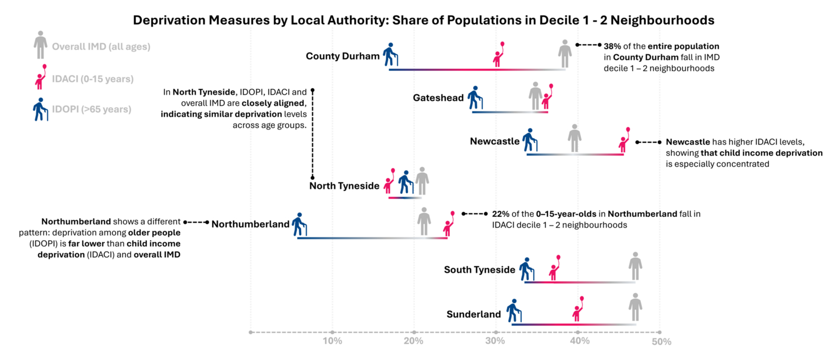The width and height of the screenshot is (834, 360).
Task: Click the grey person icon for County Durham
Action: pyautogui.click(x=565, y=53)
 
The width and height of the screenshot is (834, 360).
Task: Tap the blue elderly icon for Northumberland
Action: pyautogui.click(x=299, y=225)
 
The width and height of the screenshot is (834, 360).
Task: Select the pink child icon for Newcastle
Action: pyautogui.click(x=624, y=140)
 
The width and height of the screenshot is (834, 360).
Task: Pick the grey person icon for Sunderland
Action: pyautogui.click(x=635, y=307)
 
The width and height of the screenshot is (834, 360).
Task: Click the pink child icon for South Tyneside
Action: pyautogui.click(x=555, y=268)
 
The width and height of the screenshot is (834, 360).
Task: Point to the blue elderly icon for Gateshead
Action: pyautogui.click(x=474, y=98)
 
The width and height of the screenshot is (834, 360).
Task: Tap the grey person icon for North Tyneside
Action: pyautogui.click(x=422, y=181)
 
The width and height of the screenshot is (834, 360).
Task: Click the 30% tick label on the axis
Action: pyautogui.click(x=495, y=341)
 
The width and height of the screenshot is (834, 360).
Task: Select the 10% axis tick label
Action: pyautogui.click(x=332, y=341)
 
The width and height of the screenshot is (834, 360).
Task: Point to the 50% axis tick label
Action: pyautogui.click(x=661, y=342)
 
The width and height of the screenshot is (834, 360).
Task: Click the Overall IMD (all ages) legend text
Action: pyautogui.click(x=101, y=47)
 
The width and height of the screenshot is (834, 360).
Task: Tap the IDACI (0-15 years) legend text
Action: pyautogui.click(x=93, y=79)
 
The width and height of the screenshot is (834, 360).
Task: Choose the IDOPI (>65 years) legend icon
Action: pyautogui.click(x=40, y=109)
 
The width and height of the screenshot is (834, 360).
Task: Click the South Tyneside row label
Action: pyautogui.click(x=479, y=270)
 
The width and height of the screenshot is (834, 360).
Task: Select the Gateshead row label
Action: pyautogui.click(x=438, y=98)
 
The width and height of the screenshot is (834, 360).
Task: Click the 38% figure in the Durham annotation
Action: pyautogui.click(x=612, y=46)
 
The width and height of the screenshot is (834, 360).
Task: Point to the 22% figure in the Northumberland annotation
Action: pyautogui.click(x=500, y=214)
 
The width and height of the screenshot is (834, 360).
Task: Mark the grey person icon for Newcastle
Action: pyautogui.click(x=574, y=138)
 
